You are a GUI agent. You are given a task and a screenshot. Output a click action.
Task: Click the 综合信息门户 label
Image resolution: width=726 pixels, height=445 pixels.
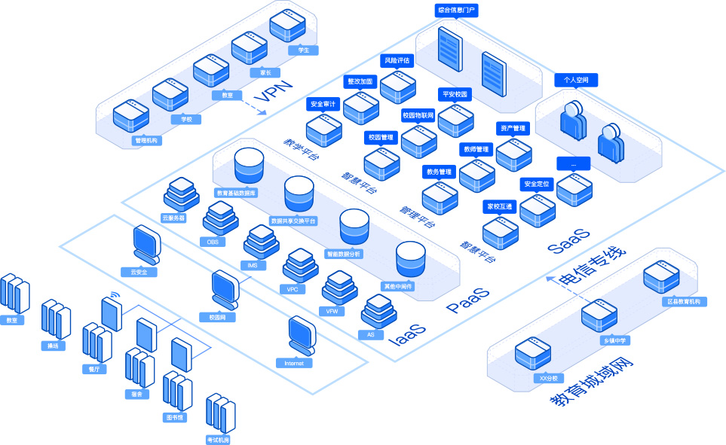pos(457,11)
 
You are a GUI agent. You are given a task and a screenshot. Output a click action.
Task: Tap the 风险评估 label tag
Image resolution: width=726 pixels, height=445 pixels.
pos(397,60)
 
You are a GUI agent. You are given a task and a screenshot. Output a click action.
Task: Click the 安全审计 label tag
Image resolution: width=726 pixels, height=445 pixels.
pos(323,103)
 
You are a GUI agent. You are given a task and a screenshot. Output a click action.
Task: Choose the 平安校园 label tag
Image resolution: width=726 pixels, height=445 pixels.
pos(455,95)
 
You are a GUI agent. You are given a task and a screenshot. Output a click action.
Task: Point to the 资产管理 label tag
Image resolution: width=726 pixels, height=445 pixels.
pos(513,129)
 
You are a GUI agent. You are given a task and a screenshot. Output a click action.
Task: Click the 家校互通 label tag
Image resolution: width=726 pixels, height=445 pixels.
pos(498,206)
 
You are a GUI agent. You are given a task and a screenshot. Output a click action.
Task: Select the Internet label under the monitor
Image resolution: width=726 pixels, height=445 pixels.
pos(293,363)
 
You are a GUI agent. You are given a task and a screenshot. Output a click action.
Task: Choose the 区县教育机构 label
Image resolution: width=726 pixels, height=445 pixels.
pos(684,301)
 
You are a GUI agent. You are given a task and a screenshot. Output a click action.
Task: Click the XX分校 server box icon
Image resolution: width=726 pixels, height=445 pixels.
pos(533,353)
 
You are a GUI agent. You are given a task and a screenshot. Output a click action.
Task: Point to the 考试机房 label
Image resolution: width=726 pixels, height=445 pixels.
pos(218,439)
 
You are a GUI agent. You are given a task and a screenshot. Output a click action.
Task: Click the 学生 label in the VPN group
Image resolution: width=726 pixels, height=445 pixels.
pos(303,50)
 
